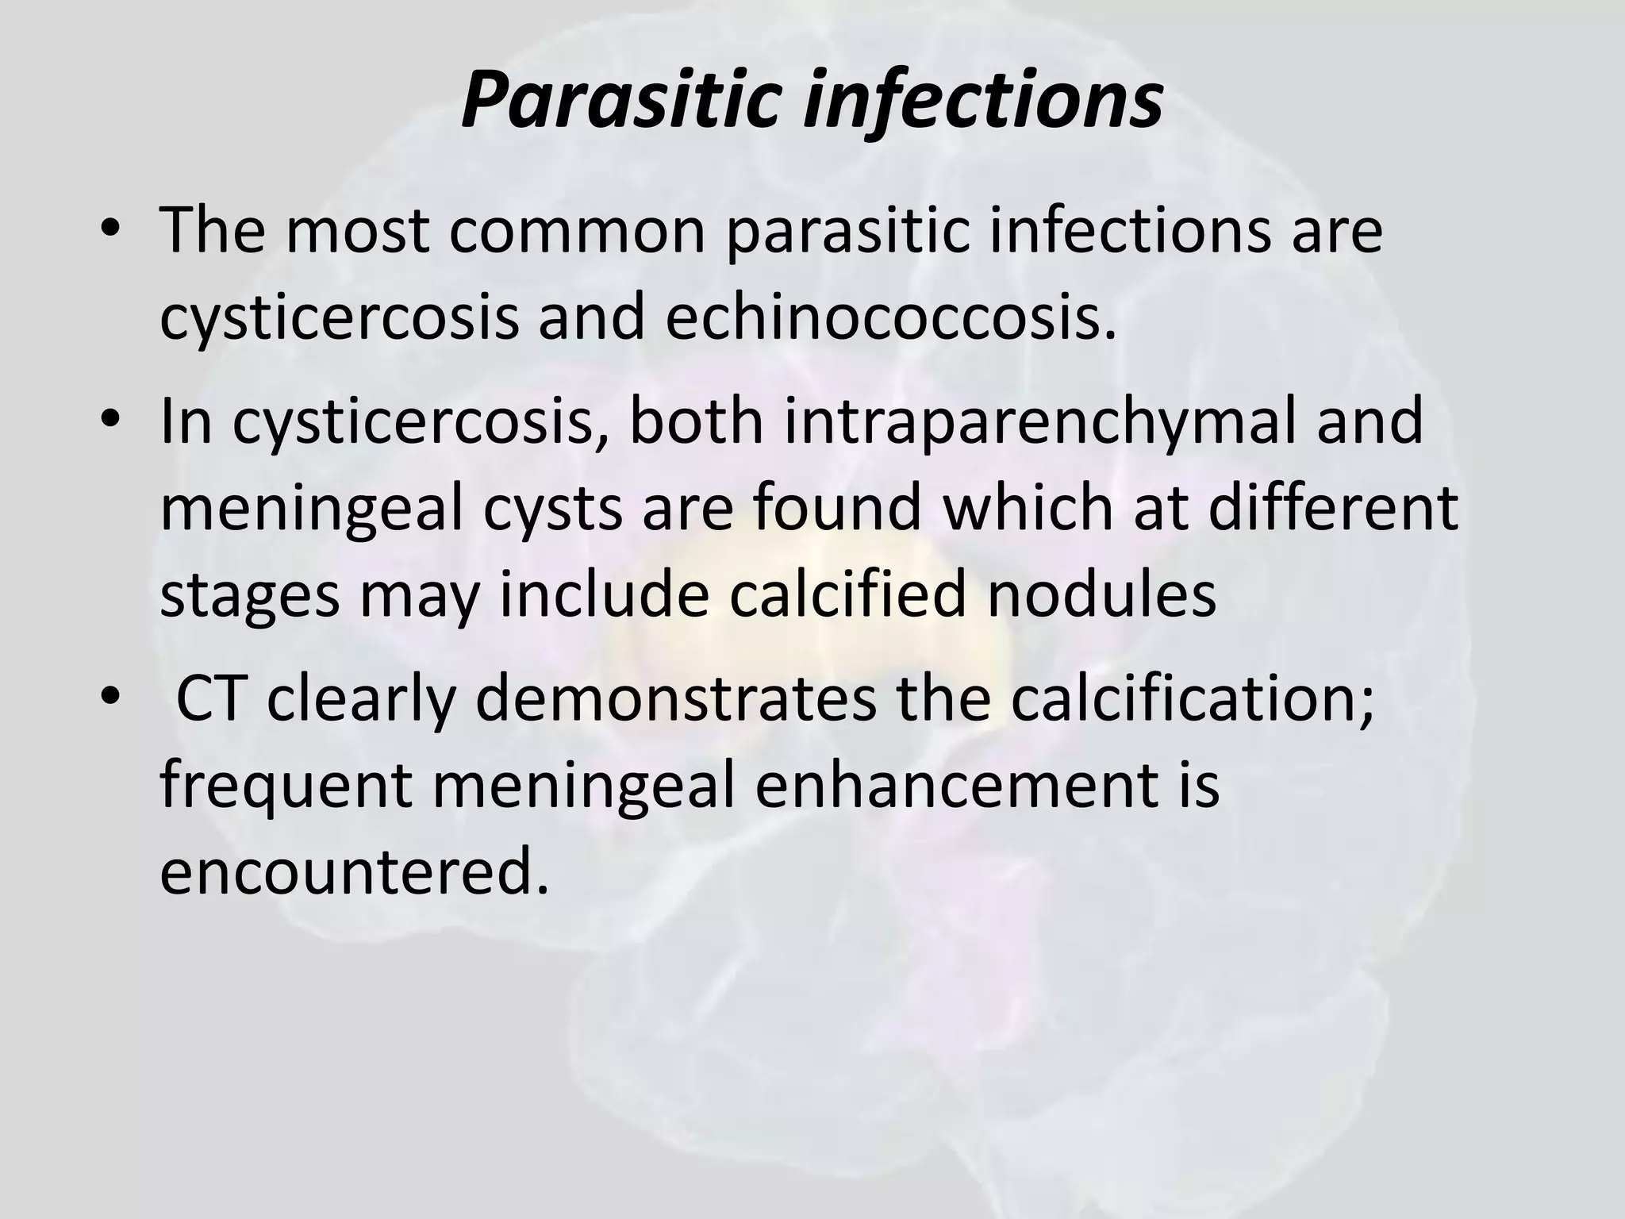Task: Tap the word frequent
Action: point(286,787)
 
